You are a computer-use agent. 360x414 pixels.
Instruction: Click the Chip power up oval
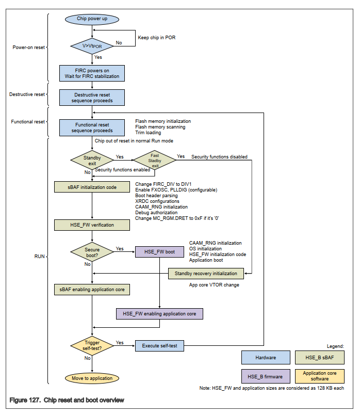92,19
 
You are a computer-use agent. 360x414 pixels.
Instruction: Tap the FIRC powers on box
92,73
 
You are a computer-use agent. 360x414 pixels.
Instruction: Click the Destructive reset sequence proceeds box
92,98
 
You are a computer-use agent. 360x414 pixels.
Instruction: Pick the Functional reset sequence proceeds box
92,127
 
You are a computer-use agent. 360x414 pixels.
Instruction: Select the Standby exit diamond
92,160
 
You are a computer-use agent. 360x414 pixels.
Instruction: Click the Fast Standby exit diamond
155,160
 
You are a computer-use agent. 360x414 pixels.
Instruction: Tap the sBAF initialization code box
92,187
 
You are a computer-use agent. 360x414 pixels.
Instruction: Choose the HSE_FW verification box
92,225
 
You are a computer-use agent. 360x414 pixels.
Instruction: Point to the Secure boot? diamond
92,252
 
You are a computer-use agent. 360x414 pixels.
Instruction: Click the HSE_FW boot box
159,252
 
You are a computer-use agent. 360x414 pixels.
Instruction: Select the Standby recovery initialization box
206,273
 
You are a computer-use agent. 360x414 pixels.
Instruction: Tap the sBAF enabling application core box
92,290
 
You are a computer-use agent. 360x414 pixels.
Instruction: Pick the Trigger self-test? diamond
92,346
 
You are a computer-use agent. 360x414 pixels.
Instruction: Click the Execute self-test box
159,345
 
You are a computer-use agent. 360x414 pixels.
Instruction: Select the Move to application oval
92,378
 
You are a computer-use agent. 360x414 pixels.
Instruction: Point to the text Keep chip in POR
157,37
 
